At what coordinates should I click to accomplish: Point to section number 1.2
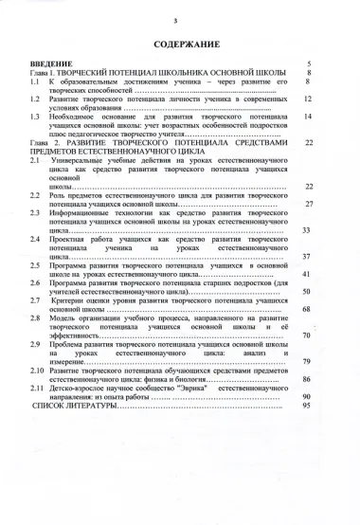click(x=35, y=99)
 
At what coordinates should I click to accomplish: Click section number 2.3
click(x=35, y=213)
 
